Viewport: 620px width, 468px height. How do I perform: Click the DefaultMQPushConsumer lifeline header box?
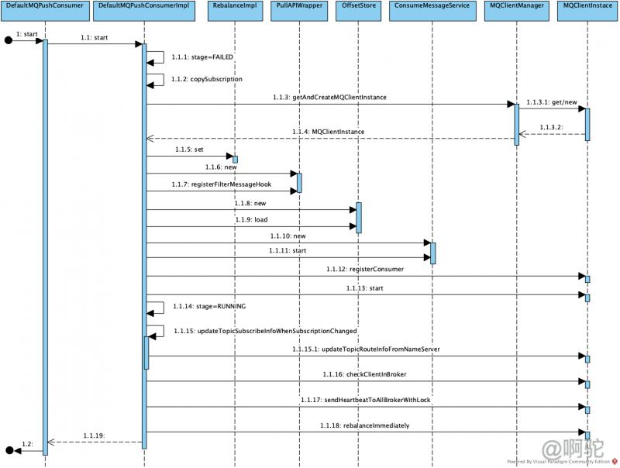pos(44,6)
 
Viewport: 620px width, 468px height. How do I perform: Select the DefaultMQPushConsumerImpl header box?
pos(144,6)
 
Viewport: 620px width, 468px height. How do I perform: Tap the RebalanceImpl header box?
pos(234,6)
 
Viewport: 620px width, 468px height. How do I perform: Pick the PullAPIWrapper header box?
pos(298,6)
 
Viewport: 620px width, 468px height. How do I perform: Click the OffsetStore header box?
pos(358,6)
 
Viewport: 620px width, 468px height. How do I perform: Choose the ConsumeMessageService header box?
pos(432,6)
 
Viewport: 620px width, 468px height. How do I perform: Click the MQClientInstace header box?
pos(587,6)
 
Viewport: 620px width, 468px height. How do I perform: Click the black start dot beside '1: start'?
pos(9,41)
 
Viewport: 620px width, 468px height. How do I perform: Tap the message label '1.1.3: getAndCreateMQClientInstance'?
pos(329,98)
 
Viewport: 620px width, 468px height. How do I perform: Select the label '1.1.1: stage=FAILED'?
pos(204,57)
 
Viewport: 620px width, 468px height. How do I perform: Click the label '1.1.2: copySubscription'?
pos(208,79)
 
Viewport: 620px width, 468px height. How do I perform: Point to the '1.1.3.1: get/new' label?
pos(551,102)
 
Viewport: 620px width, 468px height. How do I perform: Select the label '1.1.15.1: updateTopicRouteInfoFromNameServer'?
pos(367,349)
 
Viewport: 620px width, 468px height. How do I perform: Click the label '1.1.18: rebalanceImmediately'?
pos(364,425)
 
